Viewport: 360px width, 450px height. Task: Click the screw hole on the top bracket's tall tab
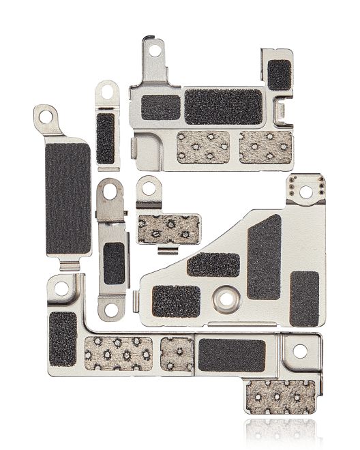(x=155, y=50)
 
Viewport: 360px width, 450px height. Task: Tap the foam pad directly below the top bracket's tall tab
(x=161, y=107)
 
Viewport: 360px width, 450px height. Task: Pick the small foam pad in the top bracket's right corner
(x=277, y=75)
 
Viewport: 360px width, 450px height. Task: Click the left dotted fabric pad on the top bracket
(x=203, y=147)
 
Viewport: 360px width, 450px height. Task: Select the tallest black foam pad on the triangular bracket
(x=264, y=257)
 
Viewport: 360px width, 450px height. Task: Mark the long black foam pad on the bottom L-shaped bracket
(x=232, y=355)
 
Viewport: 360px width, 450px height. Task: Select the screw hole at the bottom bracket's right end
(x=298, y=352)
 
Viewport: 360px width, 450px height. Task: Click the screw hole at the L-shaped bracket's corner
(x=61, y=289)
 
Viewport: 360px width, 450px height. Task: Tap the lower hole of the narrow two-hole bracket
(x=110, y=309)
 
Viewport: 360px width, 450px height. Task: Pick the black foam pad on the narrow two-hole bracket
(x=113, y=263)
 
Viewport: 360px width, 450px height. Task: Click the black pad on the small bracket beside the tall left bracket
(x=106, y=138)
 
